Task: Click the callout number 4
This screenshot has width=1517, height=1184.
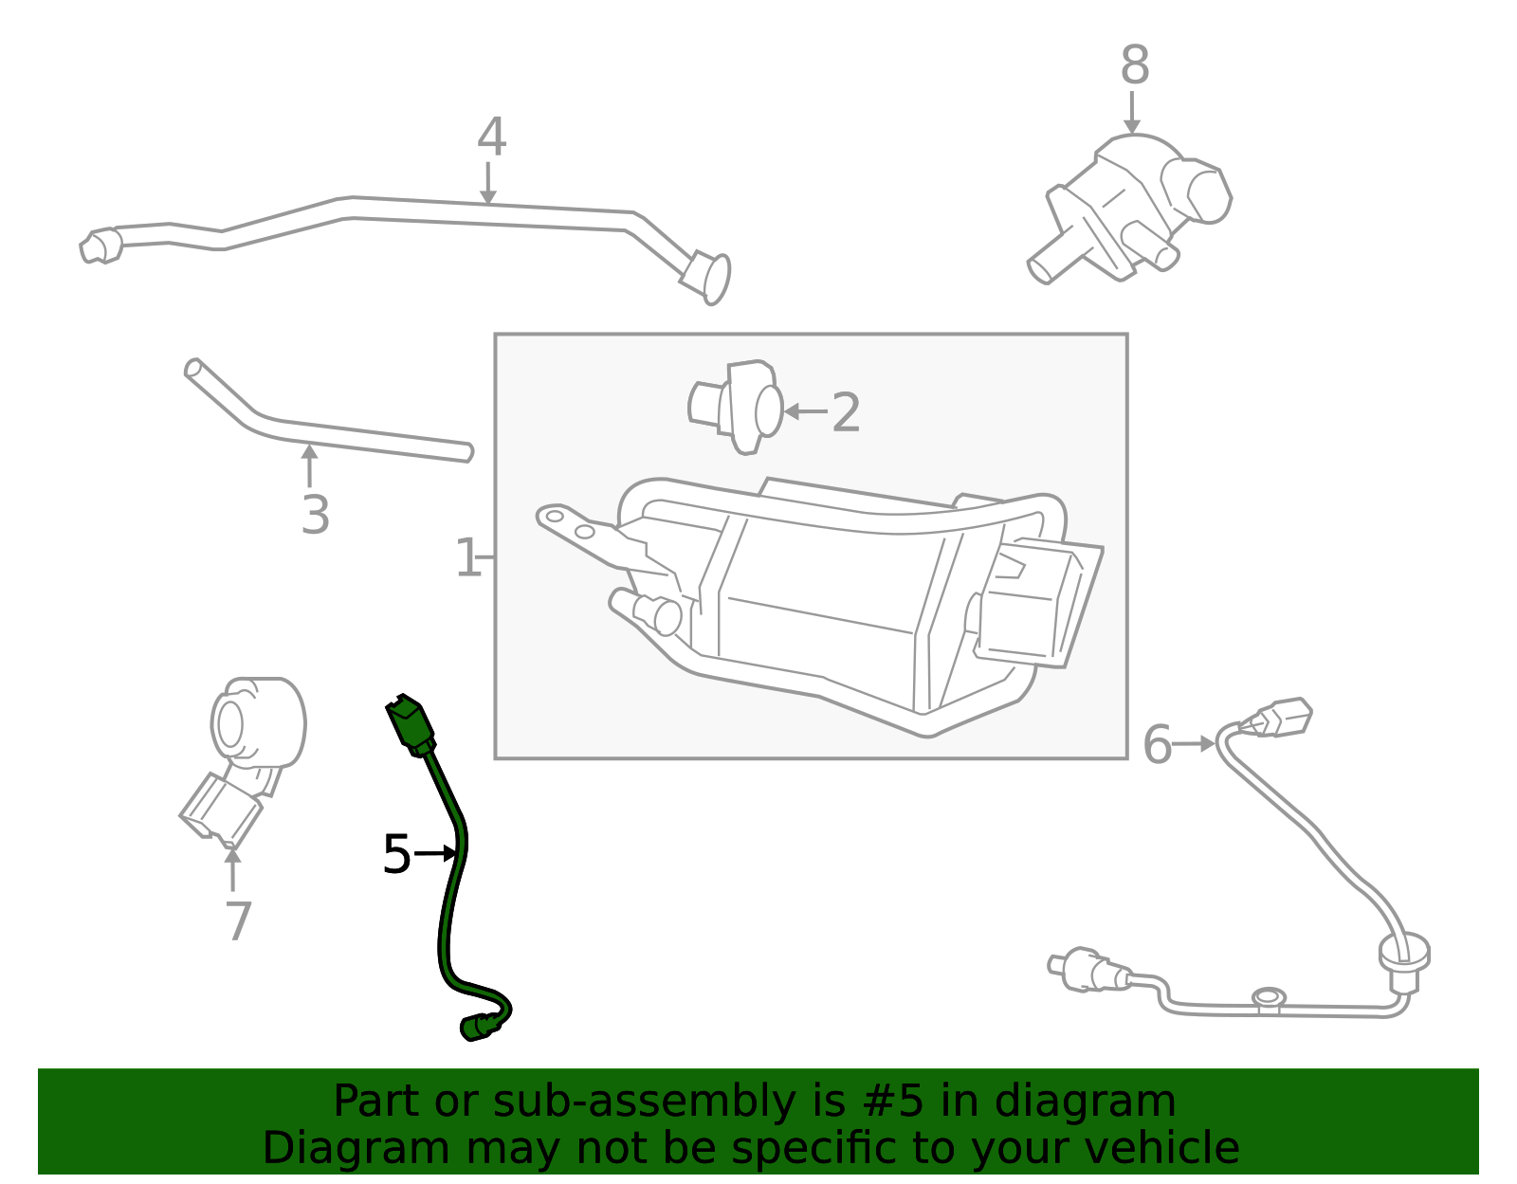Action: point(491,137)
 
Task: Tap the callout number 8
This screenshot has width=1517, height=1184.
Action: point(1135,64)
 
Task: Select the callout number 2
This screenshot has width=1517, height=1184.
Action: point(846,413)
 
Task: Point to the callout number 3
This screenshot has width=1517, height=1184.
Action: point(315,515)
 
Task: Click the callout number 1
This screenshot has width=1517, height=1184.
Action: point(467,557)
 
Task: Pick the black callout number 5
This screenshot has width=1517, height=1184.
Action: point(396,854)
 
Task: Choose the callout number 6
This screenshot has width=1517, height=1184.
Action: point(1158,745)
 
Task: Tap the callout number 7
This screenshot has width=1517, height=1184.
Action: point(239,921)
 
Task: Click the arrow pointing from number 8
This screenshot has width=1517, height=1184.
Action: point(1132,112)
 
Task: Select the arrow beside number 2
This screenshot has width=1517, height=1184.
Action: point(805,411)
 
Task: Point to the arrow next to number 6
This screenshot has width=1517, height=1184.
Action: point(1193,744)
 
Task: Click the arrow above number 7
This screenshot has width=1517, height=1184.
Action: point(232,869)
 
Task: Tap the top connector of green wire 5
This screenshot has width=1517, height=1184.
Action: point(411,725)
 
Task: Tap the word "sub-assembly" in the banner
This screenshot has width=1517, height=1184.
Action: point(644,1101)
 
